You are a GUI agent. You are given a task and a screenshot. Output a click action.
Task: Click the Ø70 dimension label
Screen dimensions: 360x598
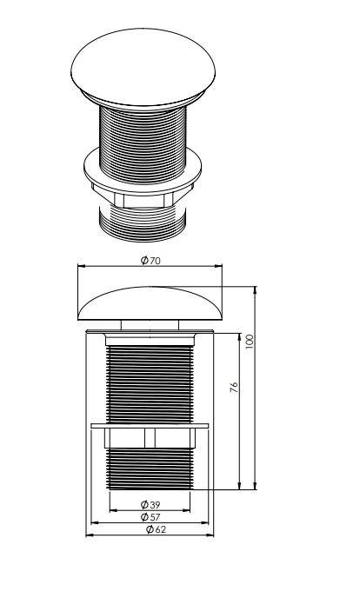(150, 261)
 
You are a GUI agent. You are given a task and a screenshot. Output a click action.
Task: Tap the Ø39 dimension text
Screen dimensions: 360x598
(150, 504)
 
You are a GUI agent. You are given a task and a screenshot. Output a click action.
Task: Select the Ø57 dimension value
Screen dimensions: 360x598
(150, 517)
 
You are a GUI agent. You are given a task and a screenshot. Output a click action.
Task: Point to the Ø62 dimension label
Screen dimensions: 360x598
(156, 529)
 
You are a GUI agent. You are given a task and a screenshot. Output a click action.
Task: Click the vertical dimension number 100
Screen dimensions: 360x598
(249, 342)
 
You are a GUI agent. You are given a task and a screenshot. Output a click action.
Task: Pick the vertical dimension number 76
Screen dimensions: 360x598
(234, 387)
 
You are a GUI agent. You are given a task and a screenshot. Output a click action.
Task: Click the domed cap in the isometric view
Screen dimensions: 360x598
(143, 69)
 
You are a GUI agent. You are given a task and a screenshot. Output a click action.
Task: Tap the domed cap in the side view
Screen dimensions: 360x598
(150, 303)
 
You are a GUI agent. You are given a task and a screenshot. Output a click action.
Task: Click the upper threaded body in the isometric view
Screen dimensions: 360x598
(143, 143)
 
